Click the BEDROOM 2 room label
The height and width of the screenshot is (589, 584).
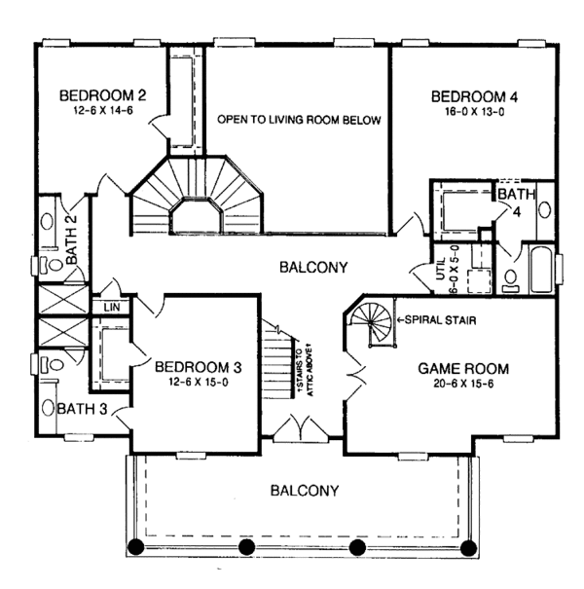(x=102, y=95)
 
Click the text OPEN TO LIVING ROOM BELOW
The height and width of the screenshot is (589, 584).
(x=298, y=121)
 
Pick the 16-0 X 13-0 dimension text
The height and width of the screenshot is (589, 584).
(x=472, y=112)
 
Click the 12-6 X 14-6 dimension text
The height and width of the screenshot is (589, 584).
(x=102, y=112)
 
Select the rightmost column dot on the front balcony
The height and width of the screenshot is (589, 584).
(x=469, y=546)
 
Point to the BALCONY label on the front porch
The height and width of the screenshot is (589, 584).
(x=305, y=491)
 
